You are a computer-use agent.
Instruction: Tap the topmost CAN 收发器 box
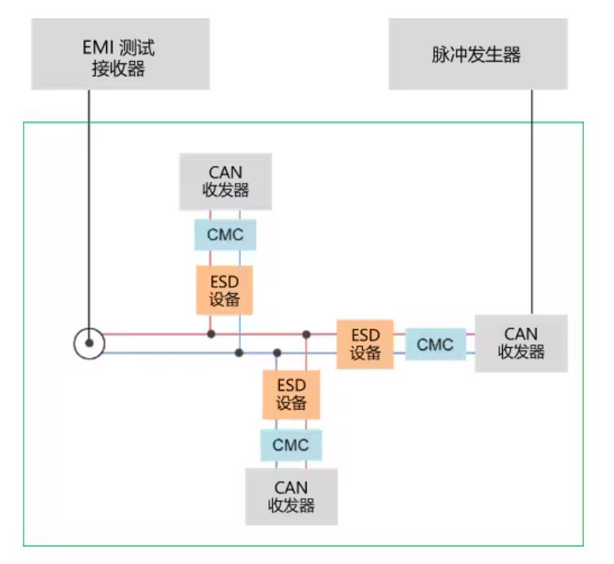[226, 181]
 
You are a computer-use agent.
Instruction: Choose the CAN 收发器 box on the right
[521, 343]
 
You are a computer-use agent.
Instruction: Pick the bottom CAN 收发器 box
[291, 496]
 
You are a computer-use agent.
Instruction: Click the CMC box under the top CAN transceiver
[225, 235]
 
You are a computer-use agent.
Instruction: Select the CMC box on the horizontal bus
[435, 345]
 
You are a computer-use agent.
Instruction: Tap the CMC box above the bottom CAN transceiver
[291, 445]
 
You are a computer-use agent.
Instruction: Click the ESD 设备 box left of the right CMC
[365, 344]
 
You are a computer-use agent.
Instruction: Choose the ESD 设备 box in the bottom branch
[291, 394]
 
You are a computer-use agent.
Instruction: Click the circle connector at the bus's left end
[89, 343]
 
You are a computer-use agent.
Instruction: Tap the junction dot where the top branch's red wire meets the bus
[211, 334]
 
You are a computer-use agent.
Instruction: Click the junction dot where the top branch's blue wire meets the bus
[238, 352]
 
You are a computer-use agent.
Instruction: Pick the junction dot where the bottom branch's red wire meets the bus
[306, 334]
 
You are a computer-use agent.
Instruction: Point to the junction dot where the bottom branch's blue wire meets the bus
[276, 352]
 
